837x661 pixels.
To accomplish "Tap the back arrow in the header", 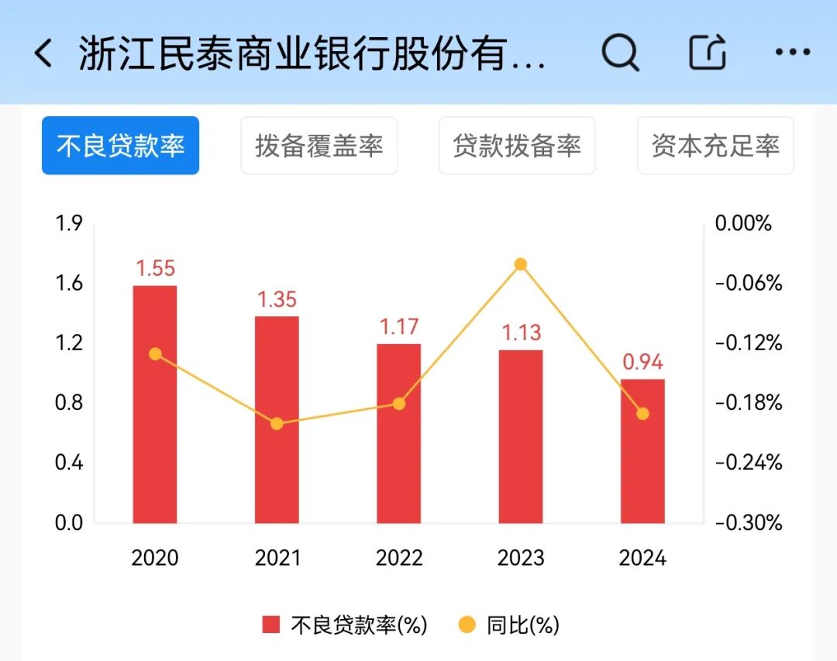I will click(44, 53).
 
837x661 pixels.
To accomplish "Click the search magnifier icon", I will click(620, 53).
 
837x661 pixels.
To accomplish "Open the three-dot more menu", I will click(792, 53).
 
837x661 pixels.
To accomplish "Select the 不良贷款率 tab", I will click(120, 146).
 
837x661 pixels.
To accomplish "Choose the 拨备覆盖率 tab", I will click(319, 146).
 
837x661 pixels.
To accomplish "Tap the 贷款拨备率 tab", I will click(517, 146).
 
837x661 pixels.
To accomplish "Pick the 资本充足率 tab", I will click(715, 146).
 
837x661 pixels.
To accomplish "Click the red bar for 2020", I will click(155, 404).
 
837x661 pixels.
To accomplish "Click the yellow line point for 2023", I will click(521, 264).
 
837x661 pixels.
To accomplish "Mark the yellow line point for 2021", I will click(277, 424).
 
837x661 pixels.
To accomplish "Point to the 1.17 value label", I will click(398, 327).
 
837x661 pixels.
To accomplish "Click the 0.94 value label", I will click(642, 362).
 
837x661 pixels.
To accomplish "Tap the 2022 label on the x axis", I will click(399, 558).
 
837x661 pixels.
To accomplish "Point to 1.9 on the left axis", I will click(69, 224).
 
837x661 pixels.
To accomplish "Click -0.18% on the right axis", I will click(749, 403).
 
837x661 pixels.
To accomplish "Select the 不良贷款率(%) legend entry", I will click(345, 625).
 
